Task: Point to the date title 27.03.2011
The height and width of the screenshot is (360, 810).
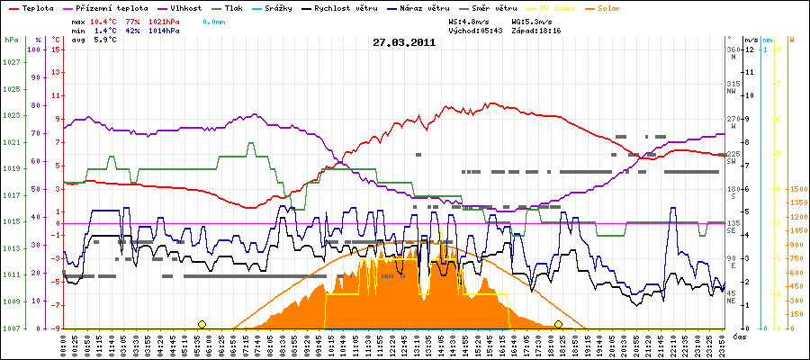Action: tap(404, 41)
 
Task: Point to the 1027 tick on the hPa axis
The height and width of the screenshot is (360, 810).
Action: tap(12, 62)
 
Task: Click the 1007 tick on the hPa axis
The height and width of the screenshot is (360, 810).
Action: tap(12, 328)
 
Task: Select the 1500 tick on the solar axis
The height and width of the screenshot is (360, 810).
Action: tap(797, 189)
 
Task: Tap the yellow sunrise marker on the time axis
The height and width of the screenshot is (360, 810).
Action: tap(202, 324)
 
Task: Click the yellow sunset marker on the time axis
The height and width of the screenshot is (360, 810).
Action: tap(558, 324)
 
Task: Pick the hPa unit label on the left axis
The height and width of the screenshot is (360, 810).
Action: tap(10, 40)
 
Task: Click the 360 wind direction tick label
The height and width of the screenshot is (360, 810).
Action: tap(733, 49)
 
